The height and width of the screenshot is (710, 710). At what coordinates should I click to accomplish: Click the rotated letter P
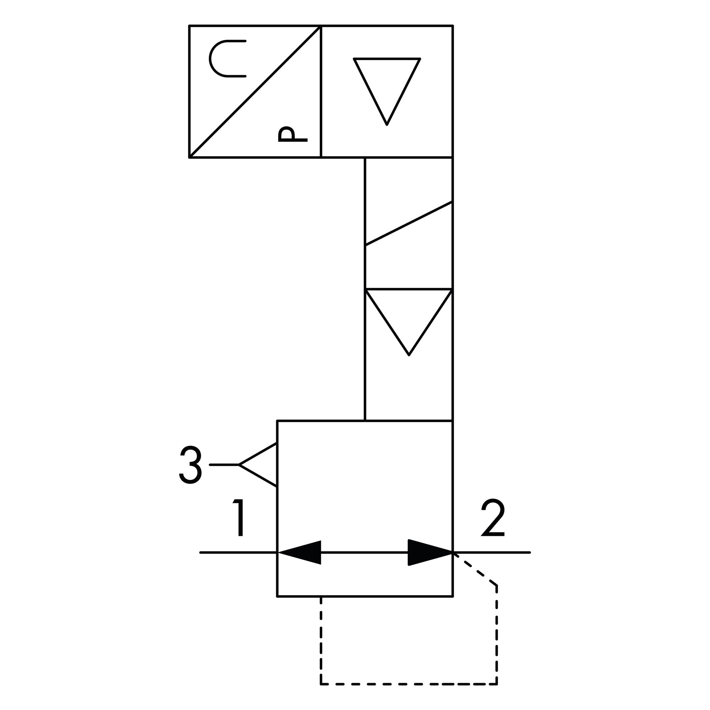[x=293, y=135]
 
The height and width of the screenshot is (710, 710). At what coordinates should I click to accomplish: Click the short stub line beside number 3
[x=224, y=465]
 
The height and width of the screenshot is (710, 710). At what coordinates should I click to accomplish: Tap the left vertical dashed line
[x=321, y=641]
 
